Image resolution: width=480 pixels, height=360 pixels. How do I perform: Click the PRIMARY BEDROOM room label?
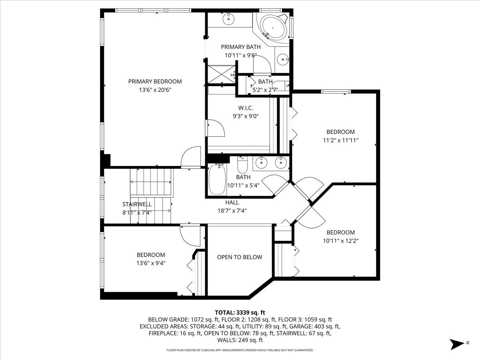pos(155,81)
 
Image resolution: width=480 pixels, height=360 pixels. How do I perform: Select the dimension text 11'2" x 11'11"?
pos(340,140)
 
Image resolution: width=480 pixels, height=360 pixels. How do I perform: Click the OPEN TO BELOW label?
pos(240,257)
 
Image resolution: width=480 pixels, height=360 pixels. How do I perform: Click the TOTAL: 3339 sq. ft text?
pos(240,312)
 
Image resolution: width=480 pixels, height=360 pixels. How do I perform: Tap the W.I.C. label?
pos(246,108)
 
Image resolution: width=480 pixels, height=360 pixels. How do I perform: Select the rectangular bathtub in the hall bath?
pos(218,180)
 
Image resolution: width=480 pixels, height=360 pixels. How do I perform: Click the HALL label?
pos(232,202)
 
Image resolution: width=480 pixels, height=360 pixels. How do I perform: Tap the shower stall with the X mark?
pos(221,74)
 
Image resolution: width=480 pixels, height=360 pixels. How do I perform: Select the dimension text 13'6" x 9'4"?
pos(151,263)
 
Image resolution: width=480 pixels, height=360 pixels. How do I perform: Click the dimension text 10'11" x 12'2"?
pos(340,241)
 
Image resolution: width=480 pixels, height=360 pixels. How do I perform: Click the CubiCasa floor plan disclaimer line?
pos(240,350)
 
